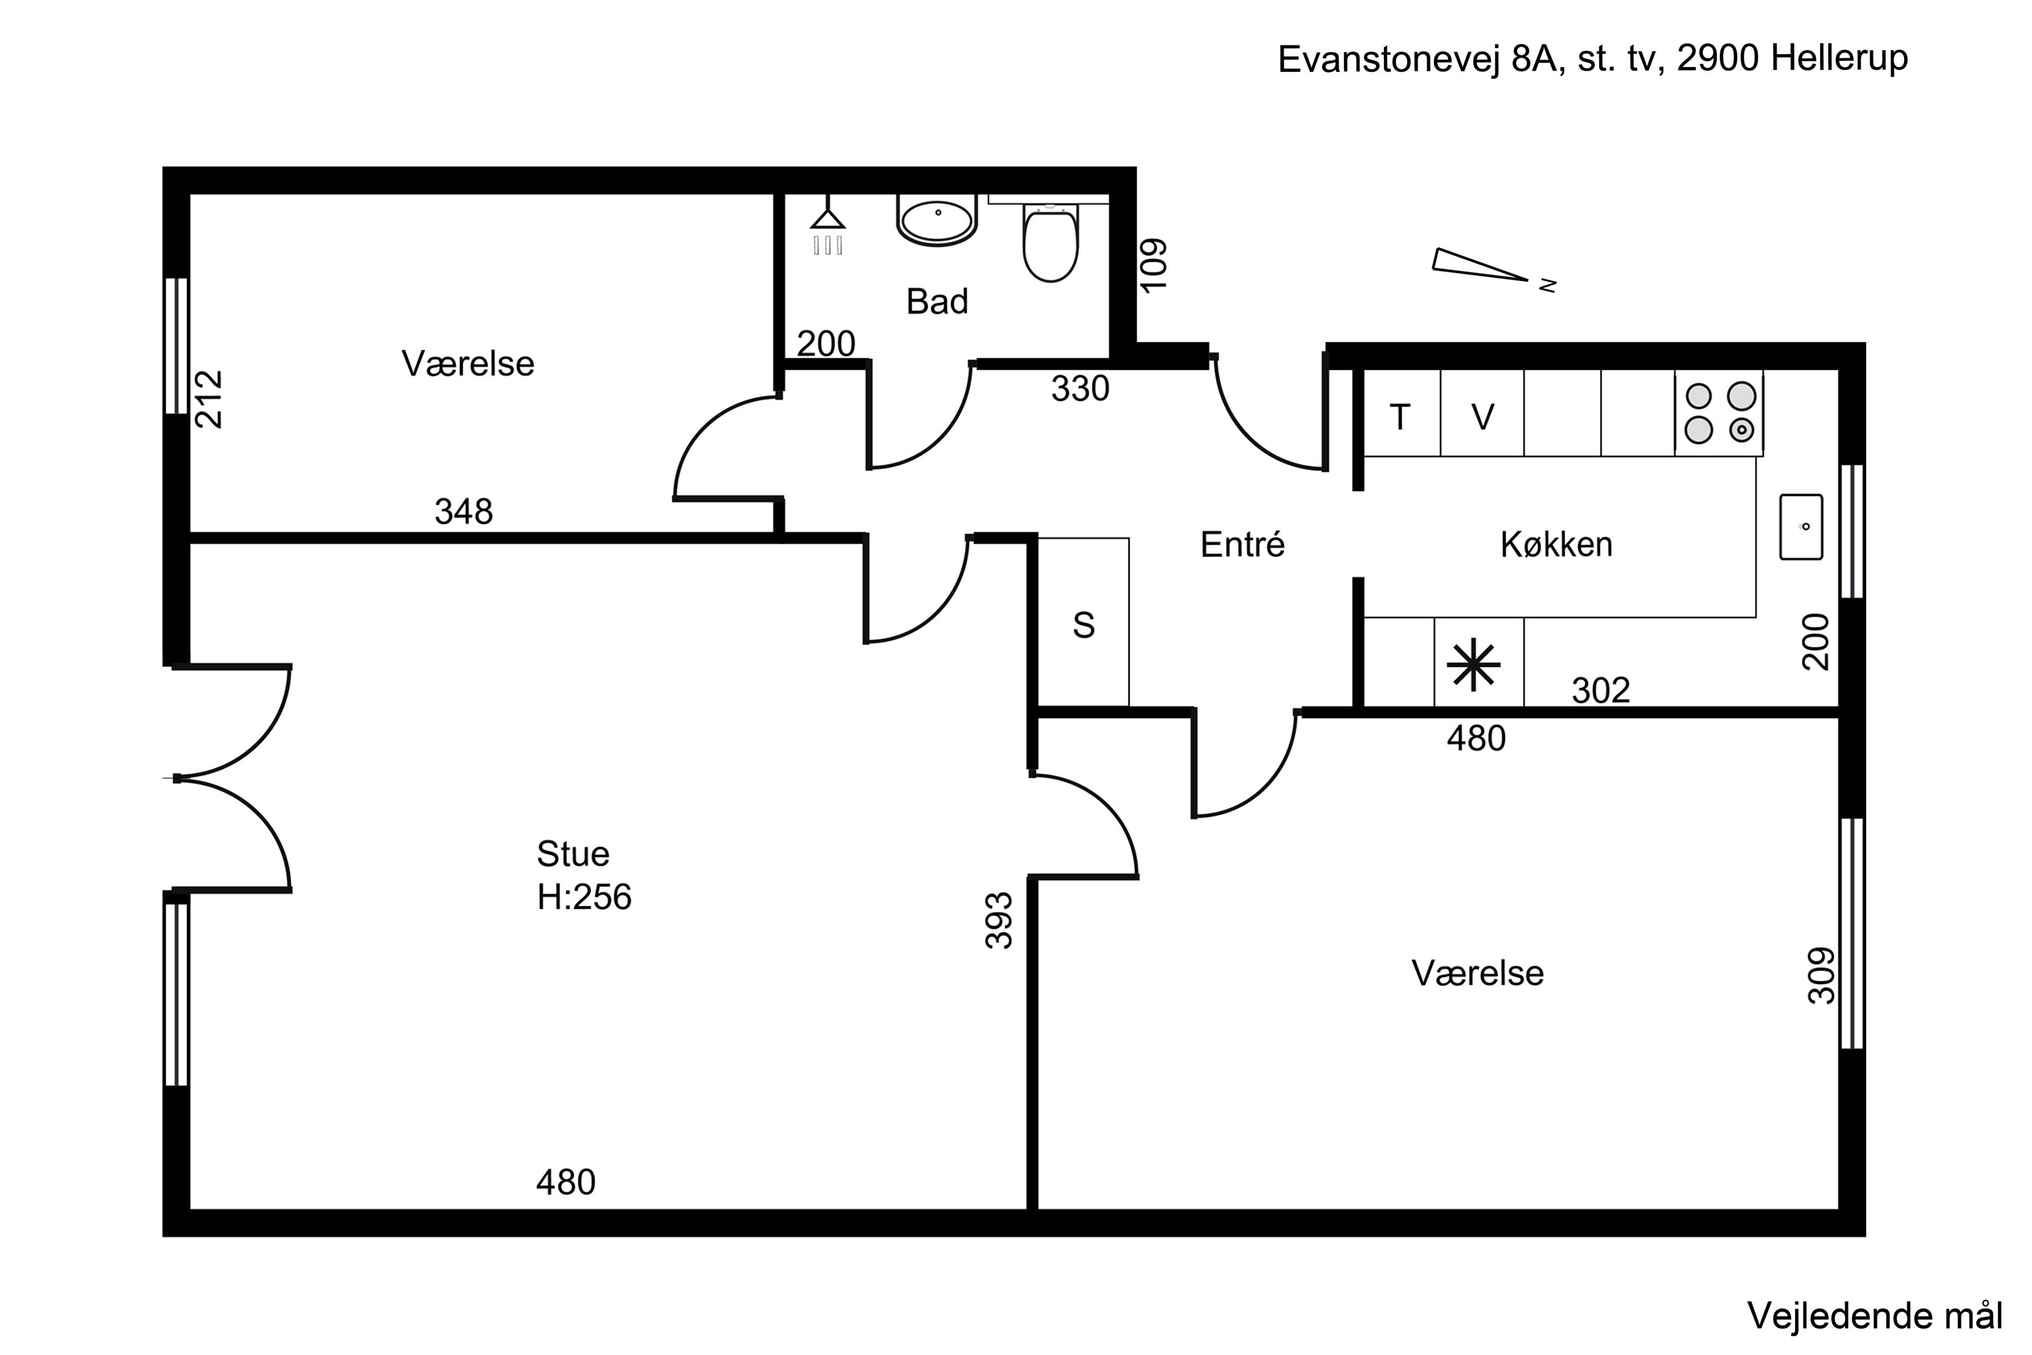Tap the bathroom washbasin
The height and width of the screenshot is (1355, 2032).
coord(937,220)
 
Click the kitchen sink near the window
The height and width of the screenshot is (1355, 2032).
coord(1801,526)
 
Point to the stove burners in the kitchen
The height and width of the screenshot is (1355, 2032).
coord(1719,413)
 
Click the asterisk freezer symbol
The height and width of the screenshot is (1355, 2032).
coord(1474,665)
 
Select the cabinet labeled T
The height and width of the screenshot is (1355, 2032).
coord(1401,417)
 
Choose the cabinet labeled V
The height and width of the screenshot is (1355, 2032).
coord(1483,417)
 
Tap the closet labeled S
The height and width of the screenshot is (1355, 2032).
coord(1083,625)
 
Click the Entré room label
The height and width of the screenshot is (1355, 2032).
coord(1242,545)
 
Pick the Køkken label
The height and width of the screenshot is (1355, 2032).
coord(1556,545)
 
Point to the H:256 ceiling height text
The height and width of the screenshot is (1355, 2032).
coord(584,898)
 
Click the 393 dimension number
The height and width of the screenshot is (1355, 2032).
coord(998,919)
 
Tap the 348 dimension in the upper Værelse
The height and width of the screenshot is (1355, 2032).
coord(464,512)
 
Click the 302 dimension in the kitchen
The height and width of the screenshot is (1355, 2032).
coord(1600,690)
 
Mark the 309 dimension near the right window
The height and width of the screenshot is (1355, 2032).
coord(1821,975)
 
